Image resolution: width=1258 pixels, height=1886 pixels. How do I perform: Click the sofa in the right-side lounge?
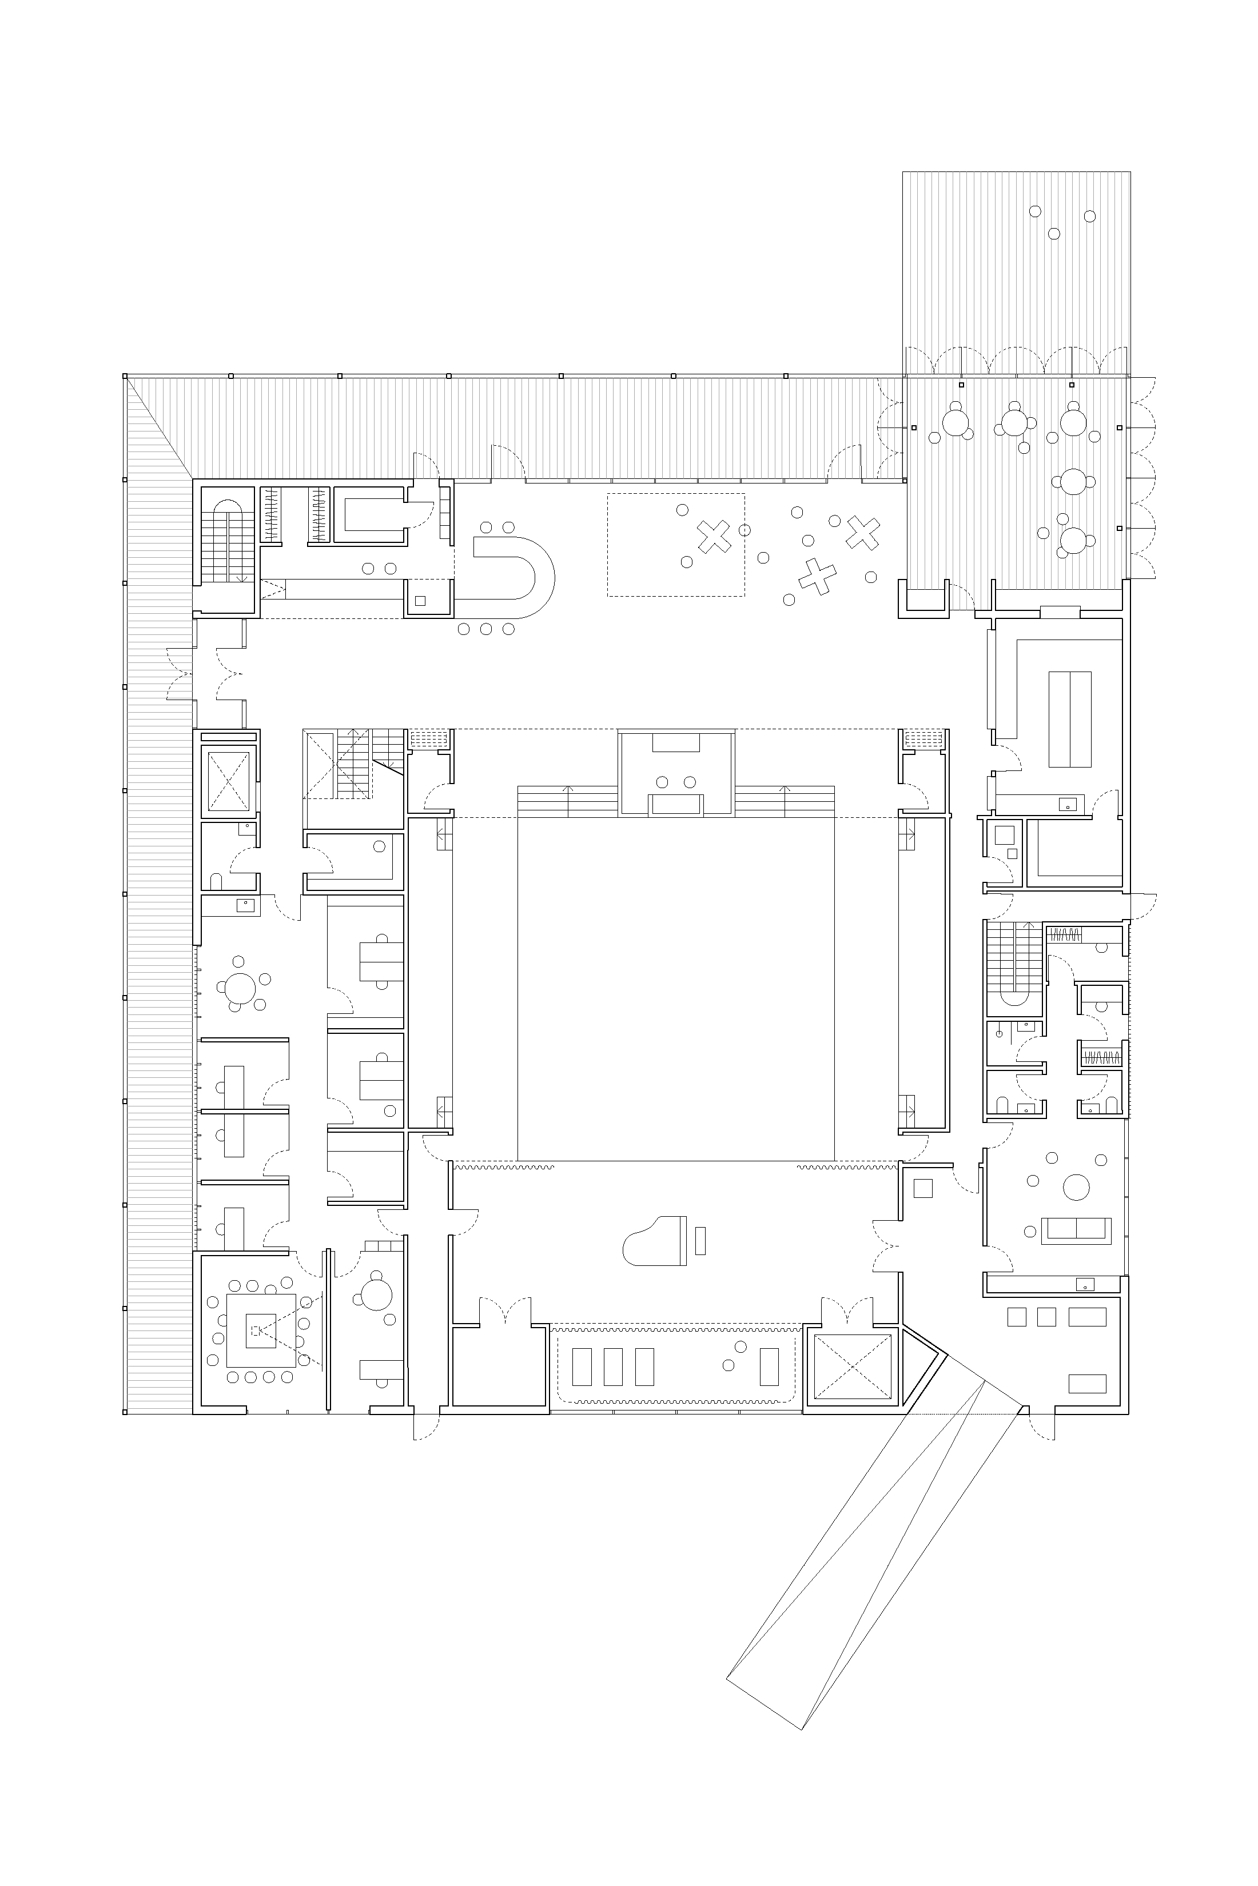1076,1231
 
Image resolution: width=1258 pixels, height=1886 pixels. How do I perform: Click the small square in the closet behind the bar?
420,601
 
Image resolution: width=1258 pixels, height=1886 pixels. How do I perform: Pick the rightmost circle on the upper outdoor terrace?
1089,215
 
